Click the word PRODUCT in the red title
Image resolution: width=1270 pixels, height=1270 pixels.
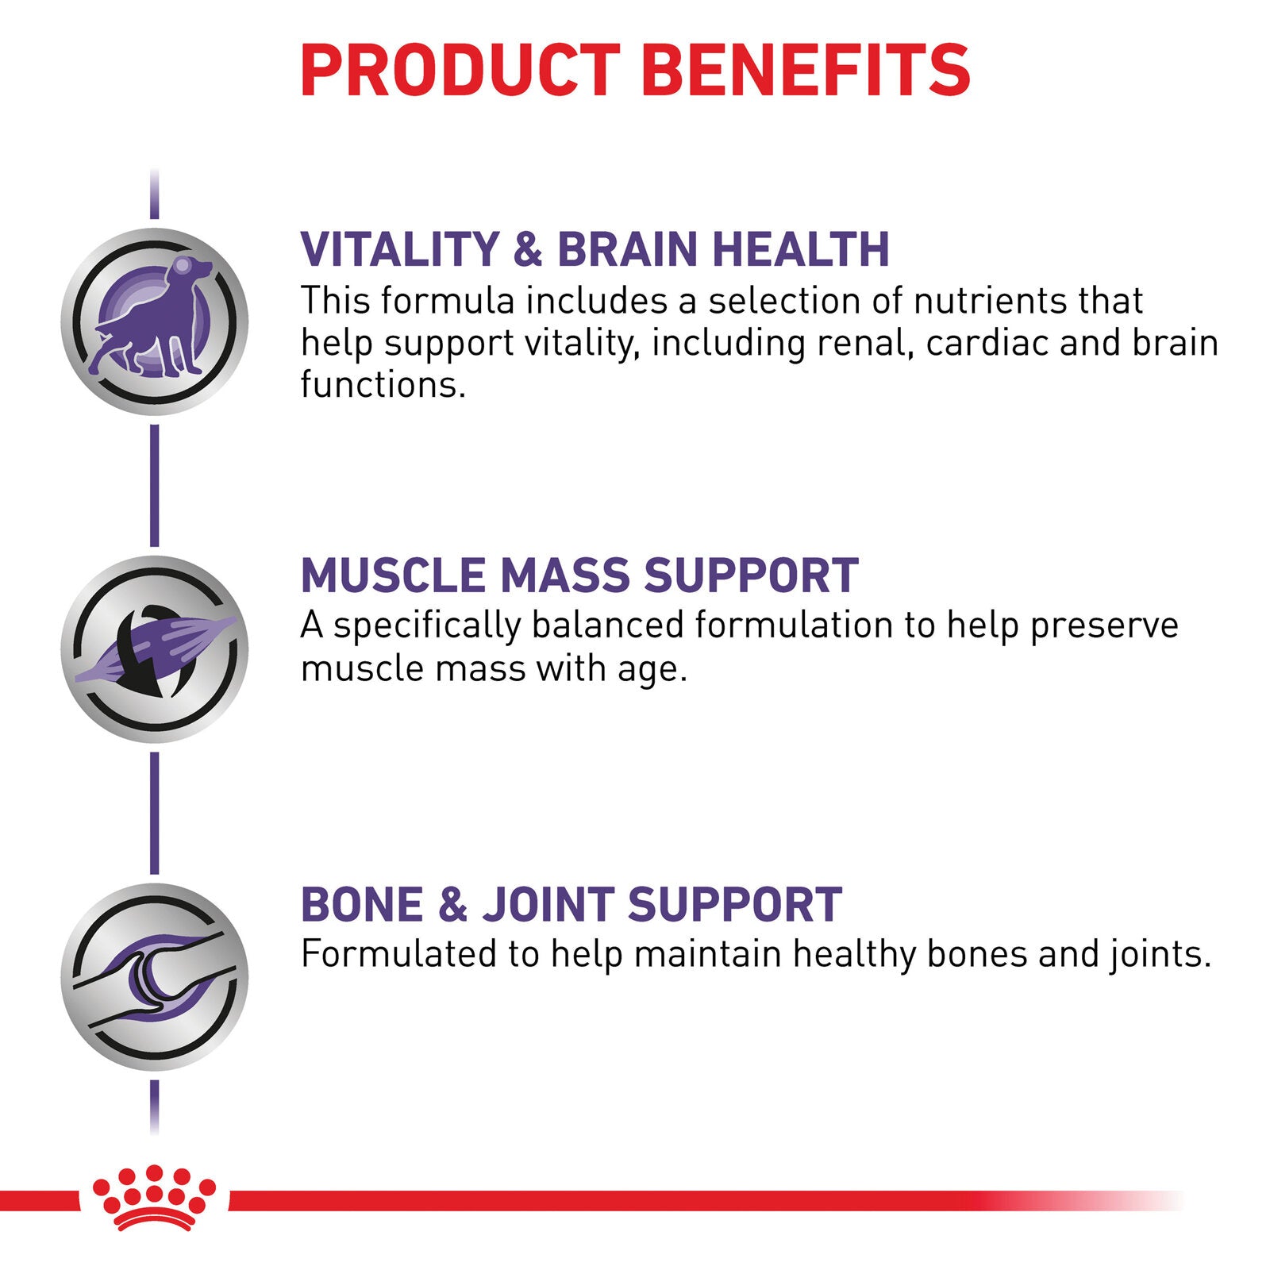coord(460,70)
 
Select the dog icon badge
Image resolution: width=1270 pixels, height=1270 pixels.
coord(155,321)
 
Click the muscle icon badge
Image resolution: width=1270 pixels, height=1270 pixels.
coord(155,649)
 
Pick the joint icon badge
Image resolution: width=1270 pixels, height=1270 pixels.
coord(155,977)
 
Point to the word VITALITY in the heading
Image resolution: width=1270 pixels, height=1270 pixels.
coord(399,249)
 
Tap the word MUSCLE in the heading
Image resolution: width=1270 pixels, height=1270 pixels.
coord(393,575)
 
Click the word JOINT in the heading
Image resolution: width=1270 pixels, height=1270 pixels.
coord(547,904)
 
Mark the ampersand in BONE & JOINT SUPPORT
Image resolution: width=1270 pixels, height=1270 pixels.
coord(452,904)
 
